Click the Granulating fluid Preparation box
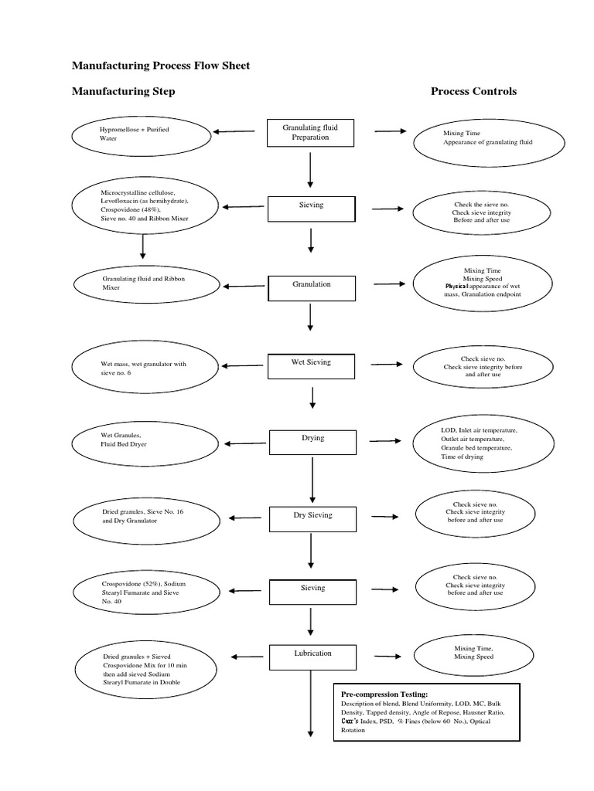point(310,132)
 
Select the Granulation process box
point(311,286)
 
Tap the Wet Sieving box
point(311,365)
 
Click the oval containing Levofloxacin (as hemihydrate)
point(140,205)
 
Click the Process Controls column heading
point(473,91)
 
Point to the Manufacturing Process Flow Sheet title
point(161,66)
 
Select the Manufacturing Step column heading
point(124,91)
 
